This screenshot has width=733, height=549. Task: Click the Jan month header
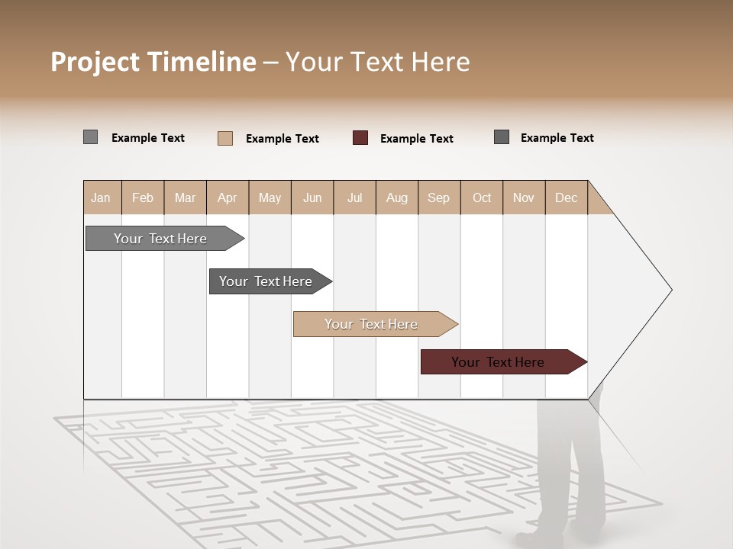tap(101, 197)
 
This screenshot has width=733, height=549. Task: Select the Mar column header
tap(185, 197)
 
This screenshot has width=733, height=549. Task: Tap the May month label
tap(270, 197)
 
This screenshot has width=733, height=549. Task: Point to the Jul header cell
tap(354, 197)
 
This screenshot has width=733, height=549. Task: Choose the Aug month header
tap(396, 197)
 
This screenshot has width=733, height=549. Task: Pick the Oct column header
tap(482, 197)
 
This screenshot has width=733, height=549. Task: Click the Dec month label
tap(566, 197)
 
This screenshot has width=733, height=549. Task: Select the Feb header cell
tap(143, 197)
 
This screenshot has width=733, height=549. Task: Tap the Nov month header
tap(524, 197)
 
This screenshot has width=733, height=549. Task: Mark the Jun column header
tap(312, 197)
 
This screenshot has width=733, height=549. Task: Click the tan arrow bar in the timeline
tap(372, 324)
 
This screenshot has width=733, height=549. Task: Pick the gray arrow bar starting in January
tap(161, 239)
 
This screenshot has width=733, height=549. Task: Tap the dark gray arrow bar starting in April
tap(266, 281)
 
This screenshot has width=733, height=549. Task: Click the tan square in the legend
tap(225, 138)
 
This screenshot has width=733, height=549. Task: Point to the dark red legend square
tap(360, 138)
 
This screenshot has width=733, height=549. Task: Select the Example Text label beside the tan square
tap(283, 139)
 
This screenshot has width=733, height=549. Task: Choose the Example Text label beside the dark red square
tap(417, 139)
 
